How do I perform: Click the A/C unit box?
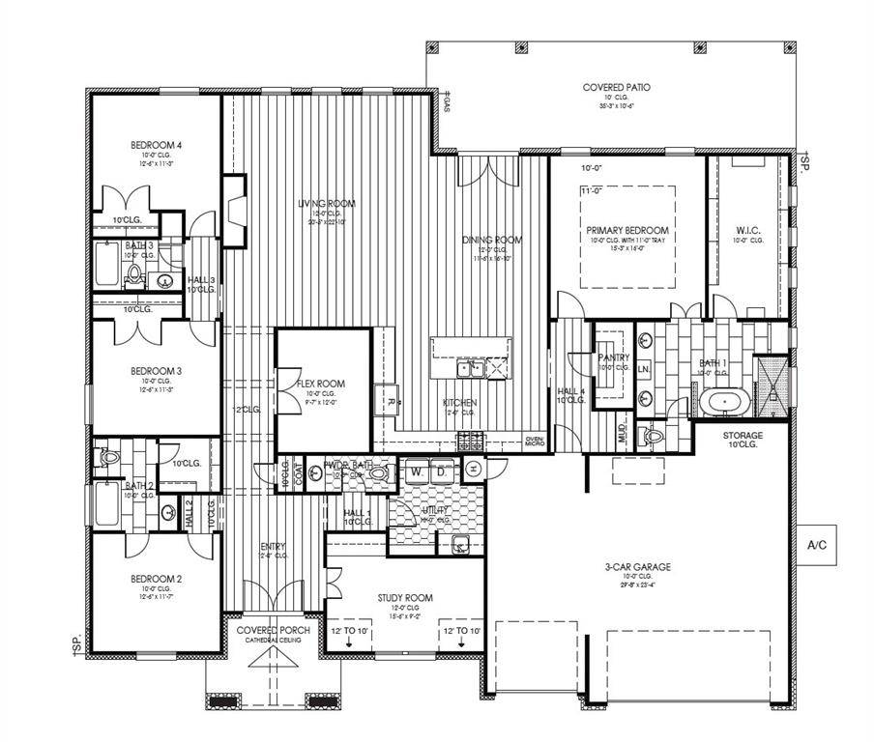coord(817,545)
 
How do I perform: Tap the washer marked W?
coord(416,471)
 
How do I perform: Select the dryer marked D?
coord(440,471)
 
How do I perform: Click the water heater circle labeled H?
coord(474,469)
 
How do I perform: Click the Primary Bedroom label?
coord(626,231)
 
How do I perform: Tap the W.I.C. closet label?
coord(749,230)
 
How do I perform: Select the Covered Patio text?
coord(616,88)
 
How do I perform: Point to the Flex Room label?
coord(321,384)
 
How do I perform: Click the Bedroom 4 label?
coord(157,146)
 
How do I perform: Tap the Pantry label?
coord(614,357)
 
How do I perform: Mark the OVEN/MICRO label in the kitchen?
coord(535,441)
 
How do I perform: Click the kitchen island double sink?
coord(471,368)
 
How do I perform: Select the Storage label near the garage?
coord(743,436)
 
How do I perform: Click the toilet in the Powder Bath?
coord(377,472)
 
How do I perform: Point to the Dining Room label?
coord(492,240)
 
